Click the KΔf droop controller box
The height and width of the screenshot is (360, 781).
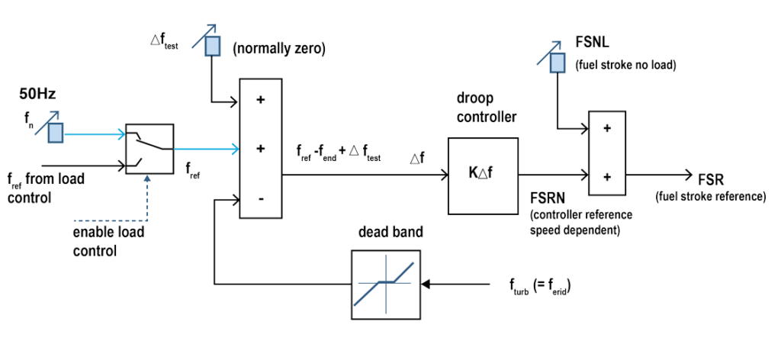tap(484, 175)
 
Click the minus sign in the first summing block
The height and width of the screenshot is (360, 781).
tap(260, 199)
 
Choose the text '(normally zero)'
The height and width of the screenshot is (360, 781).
tap(278, 50)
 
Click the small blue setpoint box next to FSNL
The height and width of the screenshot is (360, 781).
tap(558, 60)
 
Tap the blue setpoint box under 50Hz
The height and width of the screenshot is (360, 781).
tap(56, 133)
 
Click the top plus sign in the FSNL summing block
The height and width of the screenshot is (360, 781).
tap(607, 129)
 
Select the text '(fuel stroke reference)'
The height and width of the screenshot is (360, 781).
tap(711, 198)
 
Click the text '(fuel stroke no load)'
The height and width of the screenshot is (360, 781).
tap(625, 66)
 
